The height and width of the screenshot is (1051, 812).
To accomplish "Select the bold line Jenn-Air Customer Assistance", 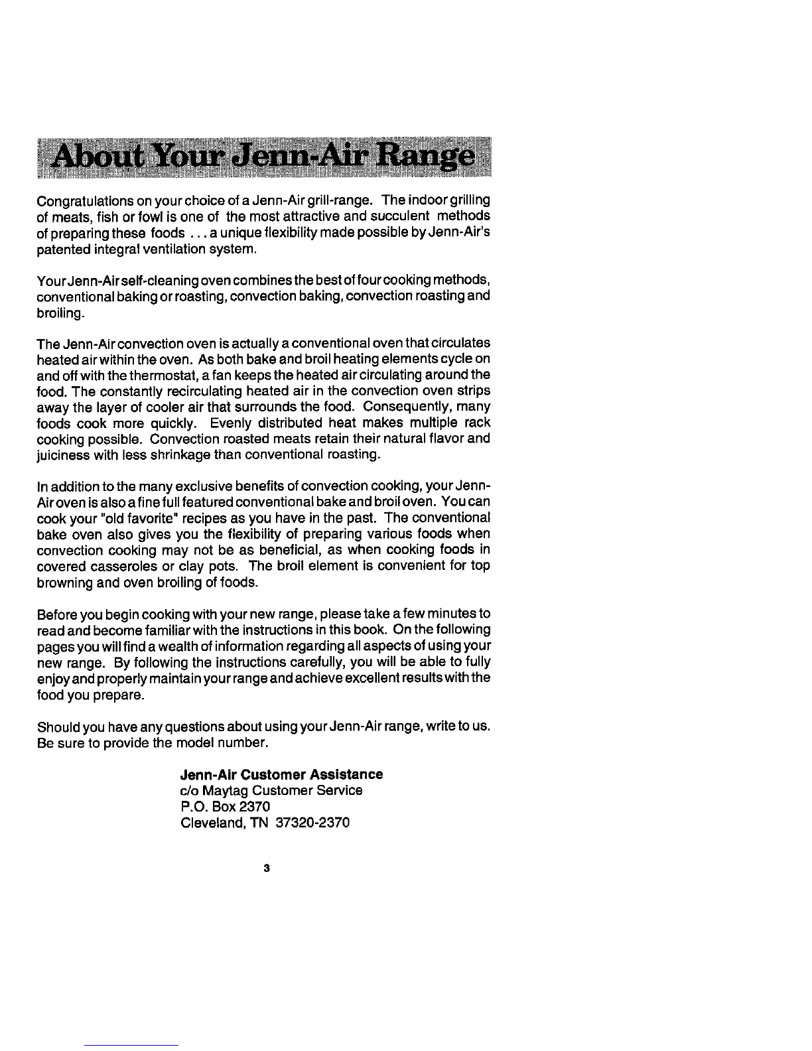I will pyautogui.click(x=281, y=774).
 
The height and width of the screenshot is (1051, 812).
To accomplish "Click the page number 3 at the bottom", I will pyautogui.click(x=265, y=868).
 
